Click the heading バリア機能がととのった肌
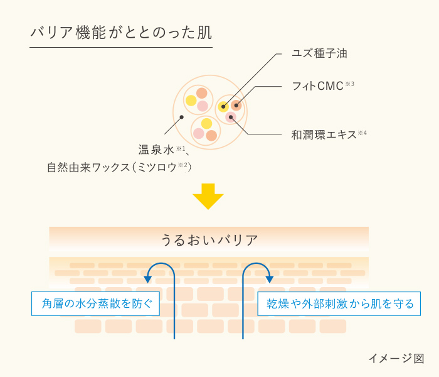click(x=121, y=33)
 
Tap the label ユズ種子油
click(x=319, y=53)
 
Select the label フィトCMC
click(x=318, y=86)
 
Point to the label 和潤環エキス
click(x=324, y=135)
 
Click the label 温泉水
click(x=156, y=150)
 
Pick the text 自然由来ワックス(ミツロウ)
click(x=119, y=168)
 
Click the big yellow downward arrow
click(x=208, y=196)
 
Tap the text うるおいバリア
click(x=209, y=241)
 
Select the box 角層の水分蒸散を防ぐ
click(x=95, y=303)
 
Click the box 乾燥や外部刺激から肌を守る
click(x=339, y=303)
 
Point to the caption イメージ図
click(x=396, y=358)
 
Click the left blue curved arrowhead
click(x=147, y=279)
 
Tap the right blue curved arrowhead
click(x=270, y=279)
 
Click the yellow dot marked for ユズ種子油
click(x=223, y=107)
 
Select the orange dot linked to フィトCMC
click(x=236, y=106)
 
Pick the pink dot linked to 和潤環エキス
click(x=231, y=117)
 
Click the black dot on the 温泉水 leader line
click(x=181, y=117)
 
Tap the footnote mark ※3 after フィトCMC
click(x=349, y=84)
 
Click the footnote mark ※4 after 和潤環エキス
click(x=362, y=133)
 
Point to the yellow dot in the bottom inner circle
click(x=206, y=124)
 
